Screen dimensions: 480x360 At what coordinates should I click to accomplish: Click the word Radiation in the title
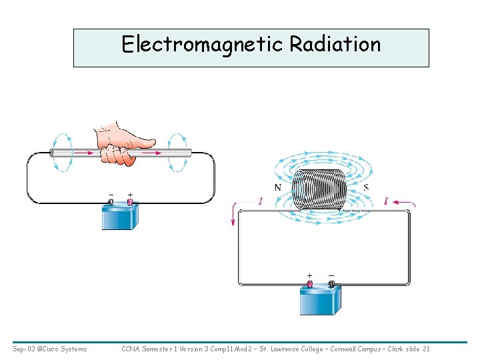point(335,45)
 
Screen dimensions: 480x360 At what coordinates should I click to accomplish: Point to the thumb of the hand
point(143,142)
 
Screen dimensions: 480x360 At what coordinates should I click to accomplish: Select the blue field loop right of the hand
point(179,153)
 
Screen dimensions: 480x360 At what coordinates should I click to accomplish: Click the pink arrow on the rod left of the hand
point(80,153)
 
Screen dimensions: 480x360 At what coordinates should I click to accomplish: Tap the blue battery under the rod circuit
point(121,217)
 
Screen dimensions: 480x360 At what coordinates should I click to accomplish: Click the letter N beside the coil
point(277,188)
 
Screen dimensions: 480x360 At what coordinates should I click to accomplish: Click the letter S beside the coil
point(366,188)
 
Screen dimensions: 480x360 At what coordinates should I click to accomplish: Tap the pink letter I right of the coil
point(386,201)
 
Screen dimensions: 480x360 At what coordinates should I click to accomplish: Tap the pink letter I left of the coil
point(260,201)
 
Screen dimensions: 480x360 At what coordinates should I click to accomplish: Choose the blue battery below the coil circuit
point(321,301)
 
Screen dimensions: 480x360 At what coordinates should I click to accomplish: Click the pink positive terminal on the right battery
point(309,284)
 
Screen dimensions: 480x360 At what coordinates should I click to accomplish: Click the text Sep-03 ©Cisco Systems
point(49,349)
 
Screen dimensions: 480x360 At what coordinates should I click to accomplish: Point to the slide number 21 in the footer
point(426,349)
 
